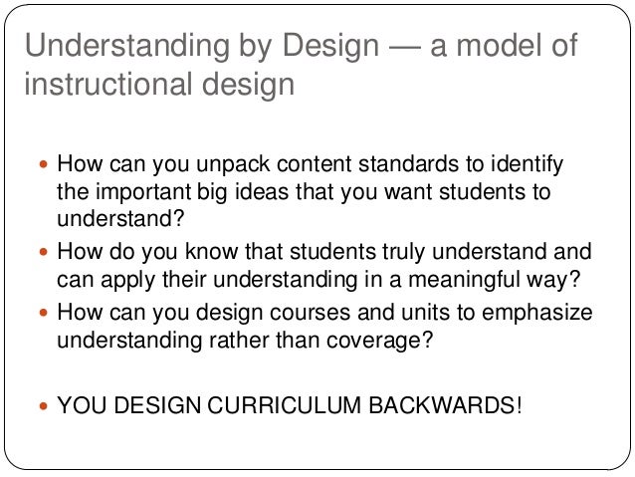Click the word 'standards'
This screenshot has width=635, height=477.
point(399,162)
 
